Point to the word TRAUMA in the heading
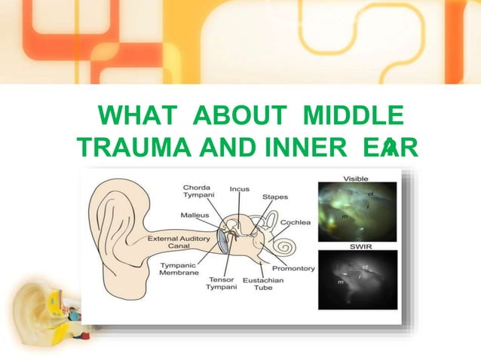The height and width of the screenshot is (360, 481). [133, 148]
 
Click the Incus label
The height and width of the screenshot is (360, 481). [239, 189]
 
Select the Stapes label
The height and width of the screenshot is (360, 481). [274, 197]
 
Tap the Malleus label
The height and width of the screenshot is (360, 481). [195, 215]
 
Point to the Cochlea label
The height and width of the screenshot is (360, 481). [294, 222]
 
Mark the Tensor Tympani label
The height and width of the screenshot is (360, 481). [222, 283]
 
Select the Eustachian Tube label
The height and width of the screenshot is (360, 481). [263, 283]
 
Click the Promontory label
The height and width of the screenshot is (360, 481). [294, 268]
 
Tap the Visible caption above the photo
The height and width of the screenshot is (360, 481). [357, 178]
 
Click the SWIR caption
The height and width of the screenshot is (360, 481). [357, 246]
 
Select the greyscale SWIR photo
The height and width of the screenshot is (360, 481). [357, 280]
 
